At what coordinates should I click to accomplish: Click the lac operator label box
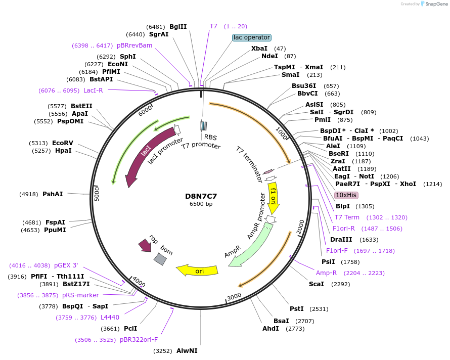click(x=252, y=37)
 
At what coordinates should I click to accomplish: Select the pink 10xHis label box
click(x=346, y=195)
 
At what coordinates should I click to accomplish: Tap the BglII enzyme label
click(x=178, y=26)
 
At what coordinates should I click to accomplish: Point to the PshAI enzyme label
click(x=53, y=194)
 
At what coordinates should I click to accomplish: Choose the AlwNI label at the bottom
click(x=187, y=350)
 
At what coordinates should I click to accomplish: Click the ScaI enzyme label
click(x=317, y=284)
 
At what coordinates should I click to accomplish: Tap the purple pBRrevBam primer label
click(x=134, y=46)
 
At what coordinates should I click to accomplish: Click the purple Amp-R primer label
click(x=326, y=273)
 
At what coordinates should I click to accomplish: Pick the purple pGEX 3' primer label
click(x=66, y=265)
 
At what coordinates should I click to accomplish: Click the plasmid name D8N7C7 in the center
click(x=201, y=196)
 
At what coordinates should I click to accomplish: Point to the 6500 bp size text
click(x=201, y=204)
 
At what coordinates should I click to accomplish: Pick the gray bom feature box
click(x=160, y=259)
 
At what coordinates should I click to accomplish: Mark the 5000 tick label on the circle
click(x=97, y=194)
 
